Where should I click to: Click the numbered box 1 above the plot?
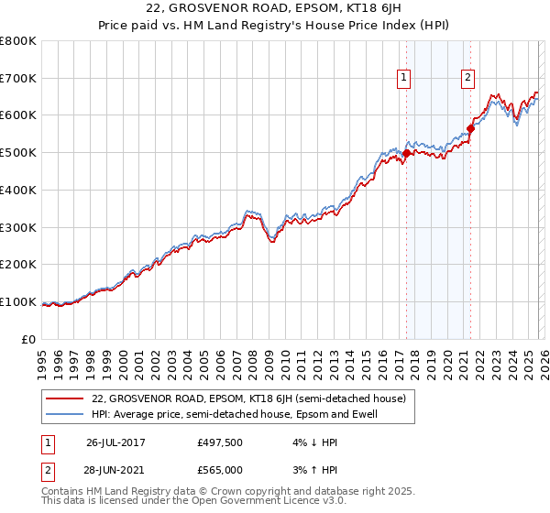404,79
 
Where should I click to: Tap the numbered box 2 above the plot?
467,79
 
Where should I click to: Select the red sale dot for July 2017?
406,153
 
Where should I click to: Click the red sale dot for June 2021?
470,128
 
